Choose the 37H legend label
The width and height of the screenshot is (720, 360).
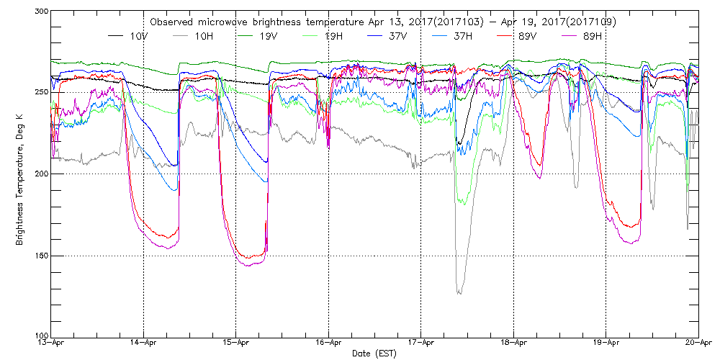462,35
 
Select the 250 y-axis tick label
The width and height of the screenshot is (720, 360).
40,92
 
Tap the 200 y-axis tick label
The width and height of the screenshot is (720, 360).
40,174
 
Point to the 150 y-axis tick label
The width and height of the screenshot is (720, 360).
40,255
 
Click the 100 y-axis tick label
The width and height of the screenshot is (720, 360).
40,336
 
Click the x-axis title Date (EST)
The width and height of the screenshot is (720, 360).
374,354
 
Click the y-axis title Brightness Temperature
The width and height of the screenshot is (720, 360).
19,174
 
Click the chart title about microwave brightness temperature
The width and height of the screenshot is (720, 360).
382,22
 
